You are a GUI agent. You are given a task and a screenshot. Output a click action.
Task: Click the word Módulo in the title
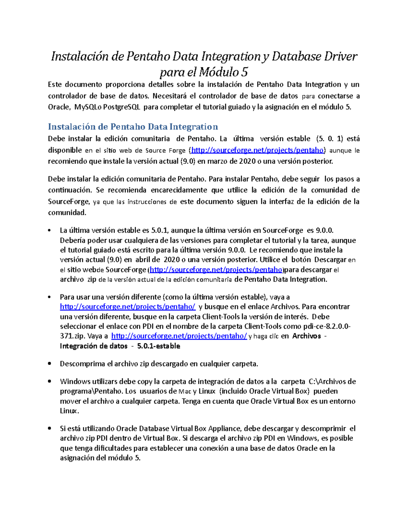point(219,72)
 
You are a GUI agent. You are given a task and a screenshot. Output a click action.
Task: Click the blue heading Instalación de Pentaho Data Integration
point(133,127)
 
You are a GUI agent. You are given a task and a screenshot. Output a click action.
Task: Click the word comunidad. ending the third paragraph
point(67,213)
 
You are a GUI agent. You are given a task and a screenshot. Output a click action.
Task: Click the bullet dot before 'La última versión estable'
point(50,231)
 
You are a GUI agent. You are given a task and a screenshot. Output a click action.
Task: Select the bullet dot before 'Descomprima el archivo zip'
point(50,364)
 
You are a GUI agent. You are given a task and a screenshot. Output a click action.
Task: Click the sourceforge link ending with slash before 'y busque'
point(128,307)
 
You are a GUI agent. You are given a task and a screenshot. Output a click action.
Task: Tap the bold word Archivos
point(306,336)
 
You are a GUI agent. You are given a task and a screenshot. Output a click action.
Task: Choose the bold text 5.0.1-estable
point(158,346)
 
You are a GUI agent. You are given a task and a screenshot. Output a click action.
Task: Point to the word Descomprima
point(82,364)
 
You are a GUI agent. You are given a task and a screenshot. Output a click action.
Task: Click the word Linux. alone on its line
point(69,411)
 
